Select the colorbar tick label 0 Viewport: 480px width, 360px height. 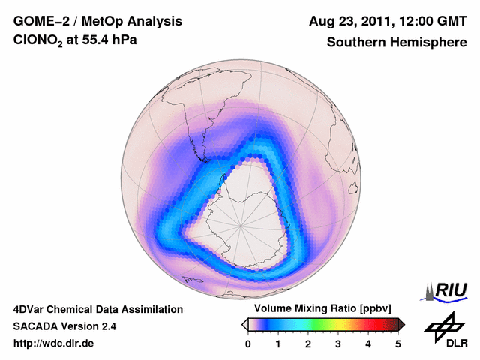248,343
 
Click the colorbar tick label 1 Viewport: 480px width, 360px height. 278,343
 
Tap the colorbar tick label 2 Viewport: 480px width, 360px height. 308,343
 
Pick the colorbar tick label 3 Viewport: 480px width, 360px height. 338,343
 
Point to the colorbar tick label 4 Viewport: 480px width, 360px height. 368,343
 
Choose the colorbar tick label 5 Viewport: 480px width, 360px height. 398,343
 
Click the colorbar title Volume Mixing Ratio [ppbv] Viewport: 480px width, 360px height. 319,308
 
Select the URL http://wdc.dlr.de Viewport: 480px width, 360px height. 55,343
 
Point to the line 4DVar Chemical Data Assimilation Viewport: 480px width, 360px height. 98,309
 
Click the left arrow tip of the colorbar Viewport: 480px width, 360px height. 244,324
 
